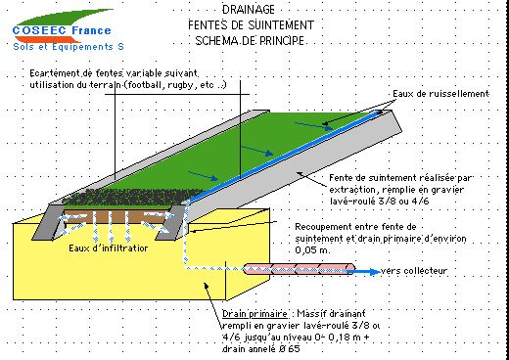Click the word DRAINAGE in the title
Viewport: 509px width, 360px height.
(x=249, y=10)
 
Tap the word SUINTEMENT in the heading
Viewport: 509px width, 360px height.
(x=281, y=25)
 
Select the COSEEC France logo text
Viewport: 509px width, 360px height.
(x=62, y=30)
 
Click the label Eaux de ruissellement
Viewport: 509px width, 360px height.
(x=440, y=94)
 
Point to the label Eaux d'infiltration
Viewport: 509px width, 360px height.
(x=109, y=248)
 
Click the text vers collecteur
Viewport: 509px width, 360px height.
(x=414, y=271)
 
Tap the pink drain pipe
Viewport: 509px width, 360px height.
(x=300, y=269)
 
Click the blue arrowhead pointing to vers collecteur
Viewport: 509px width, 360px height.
(x=375, y=271)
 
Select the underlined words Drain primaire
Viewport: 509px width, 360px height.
(x=254, y=314)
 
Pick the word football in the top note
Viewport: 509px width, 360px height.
(x=145, y=85)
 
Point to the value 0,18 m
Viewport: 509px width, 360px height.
(x=344, y=337)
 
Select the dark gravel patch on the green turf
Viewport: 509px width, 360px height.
(x=134, y=197)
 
